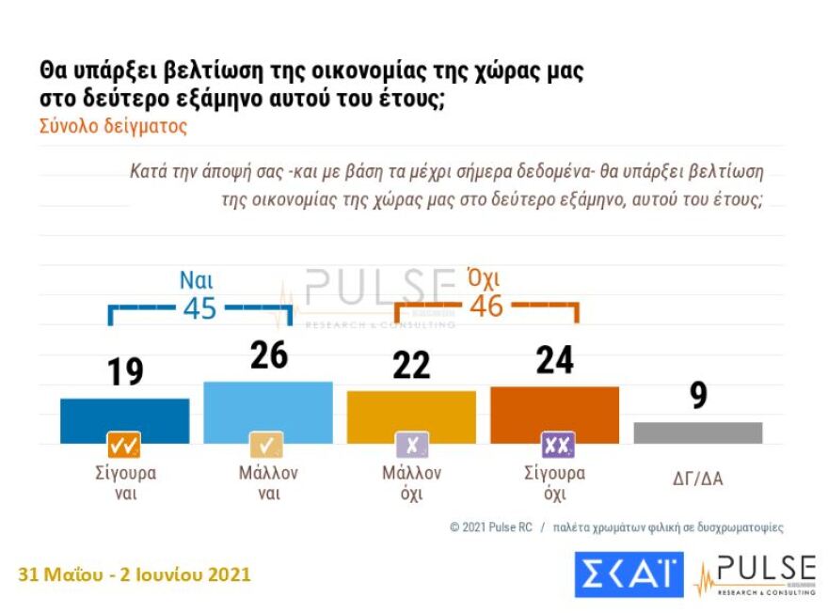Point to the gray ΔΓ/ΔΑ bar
(x=697, y=432)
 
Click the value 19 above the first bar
(x=124, y=372)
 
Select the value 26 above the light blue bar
(x=268, y=355)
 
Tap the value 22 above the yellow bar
(x=411, y=365)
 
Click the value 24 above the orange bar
(x=554, y=360)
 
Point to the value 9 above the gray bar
(x=698, y=396)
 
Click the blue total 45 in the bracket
(x=199, y=309)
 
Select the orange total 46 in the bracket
(x=486, y=306)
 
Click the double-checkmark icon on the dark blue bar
(x=124, y=445)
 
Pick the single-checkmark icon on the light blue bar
(x=267, y=445)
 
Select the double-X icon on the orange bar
(x=556, y=445)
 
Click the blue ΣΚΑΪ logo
(x=629, y=574)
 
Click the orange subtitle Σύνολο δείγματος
(x=113, y=127)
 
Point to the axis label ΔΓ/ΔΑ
(x=697, y=479)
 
